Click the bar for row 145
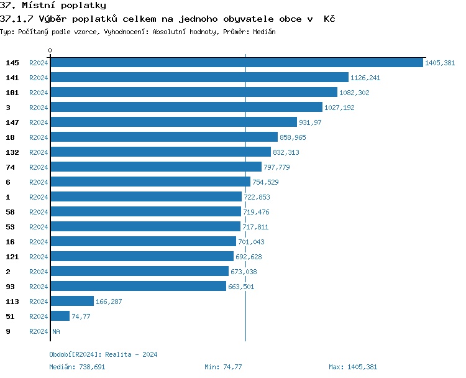(x=236, y=63)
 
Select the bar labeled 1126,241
(x=199, y=78)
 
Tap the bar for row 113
(x=71, y=302)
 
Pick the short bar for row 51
(x=60, y=316)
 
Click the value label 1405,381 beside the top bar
(x=440, y=63)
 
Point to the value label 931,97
(x=310, y=122)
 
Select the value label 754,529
(x=265, y=182)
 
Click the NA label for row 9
(x=56, y=331)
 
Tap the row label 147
(x=12, y=122)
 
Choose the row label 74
(x=10, y=167)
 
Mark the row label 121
(x=12, y=257)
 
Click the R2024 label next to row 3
(x=39, y=108)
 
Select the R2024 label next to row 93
(x=39, y=287)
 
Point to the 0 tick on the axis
(x=50, y=50)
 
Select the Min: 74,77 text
(x=223, y=367)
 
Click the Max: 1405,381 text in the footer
(x=352, y=367)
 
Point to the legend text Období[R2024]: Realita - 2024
(x=103, y=354)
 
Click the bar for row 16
(x=143, y=242)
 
